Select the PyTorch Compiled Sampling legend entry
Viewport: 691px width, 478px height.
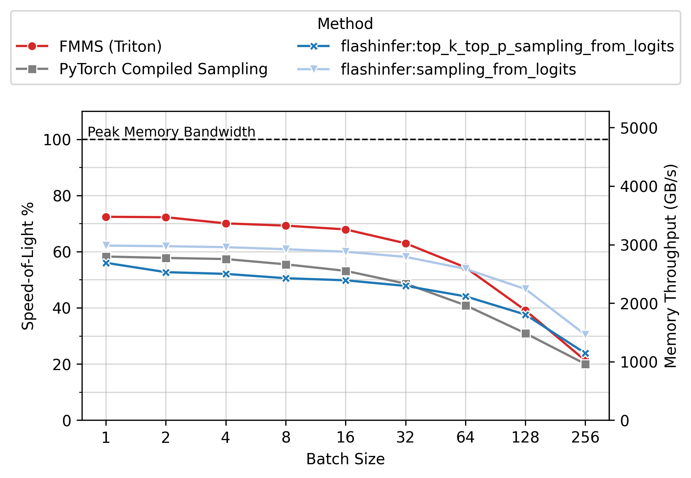point(163,69)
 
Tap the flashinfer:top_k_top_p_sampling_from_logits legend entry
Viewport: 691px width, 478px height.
point(507,46)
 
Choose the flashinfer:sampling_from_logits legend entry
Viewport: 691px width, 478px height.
point(458,69)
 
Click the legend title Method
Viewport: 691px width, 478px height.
point(345,24)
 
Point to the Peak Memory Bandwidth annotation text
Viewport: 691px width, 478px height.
point(171,132)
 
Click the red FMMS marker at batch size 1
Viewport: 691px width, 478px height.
point(106,217)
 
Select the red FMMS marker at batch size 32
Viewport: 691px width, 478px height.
point(406,243)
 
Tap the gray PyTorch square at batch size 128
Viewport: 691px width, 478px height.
point(526,334)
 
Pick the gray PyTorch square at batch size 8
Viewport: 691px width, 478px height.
point(286,265)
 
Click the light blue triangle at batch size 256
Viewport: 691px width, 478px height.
point(585,334)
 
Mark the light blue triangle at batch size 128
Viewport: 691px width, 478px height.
point(526,289)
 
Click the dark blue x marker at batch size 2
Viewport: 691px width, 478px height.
point(166,272)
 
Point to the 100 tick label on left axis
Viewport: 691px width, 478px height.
point(57,140)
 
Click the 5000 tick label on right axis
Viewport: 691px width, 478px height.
point(638,128)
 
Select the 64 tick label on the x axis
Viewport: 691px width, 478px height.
point(466,438)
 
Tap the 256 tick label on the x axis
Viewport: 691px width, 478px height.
point(585,438)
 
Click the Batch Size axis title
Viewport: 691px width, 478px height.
point(345,459)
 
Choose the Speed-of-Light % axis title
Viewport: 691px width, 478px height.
point(28,266)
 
